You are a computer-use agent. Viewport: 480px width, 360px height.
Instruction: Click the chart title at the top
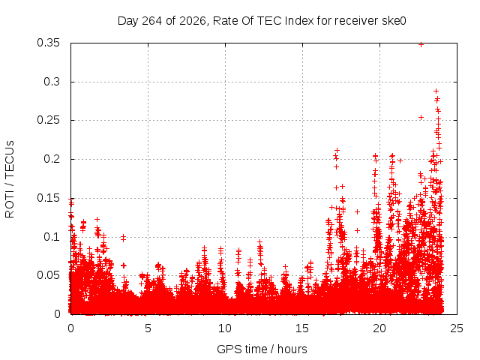point(262,21)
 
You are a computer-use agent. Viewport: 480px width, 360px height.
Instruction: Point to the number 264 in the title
point(152,21)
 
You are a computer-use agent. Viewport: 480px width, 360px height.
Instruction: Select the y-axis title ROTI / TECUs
point(10,179)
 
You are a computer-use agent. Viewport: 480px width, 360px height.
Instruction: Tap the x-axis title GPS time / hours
point(262,349)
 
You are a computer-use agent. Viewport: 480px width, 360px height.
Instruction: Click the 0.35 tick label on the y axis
point(48,43)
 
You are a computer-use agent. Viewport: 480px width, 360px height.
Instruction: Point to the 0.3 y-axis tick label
point(52,82)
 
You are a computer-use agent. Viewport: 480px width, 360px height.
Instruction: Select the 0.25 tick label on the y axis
point(48,120)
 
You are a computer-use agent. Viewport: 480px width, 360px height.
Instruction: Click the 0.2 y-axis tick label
point(52,159)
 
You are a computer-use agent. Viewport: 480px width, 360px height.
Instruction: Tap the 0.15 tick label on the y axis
point(48,198)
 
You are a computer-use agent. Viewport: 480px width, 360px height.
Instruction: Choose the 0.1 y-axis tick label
point(52,237)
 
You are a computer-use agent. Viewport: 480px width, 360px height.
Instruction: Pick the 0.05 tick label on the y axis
point(48,275)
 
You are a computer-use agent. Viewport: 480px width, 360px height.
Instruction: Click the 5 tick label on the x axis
point(148,328)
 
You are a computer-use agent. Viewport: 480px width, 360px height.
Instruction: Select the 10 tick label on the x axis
point(225,328)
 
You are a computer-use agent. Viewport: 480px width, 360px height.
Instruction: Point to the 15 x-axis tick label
point(302,328)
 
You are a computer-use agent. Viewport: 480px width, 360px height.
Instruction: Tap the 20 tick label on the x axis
point(379,328)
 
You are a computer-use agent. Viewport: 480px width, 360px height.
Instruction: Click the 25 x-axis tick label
point(457,328)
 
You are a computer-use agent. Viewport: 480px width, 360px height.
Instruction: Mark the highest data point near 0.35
point(421,45)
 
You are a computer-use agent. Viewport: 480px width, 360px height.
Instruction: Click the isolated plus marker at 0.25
point(421,117)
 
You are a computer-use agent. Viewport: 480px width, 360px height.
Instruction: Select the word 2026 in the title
point(193,21)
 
